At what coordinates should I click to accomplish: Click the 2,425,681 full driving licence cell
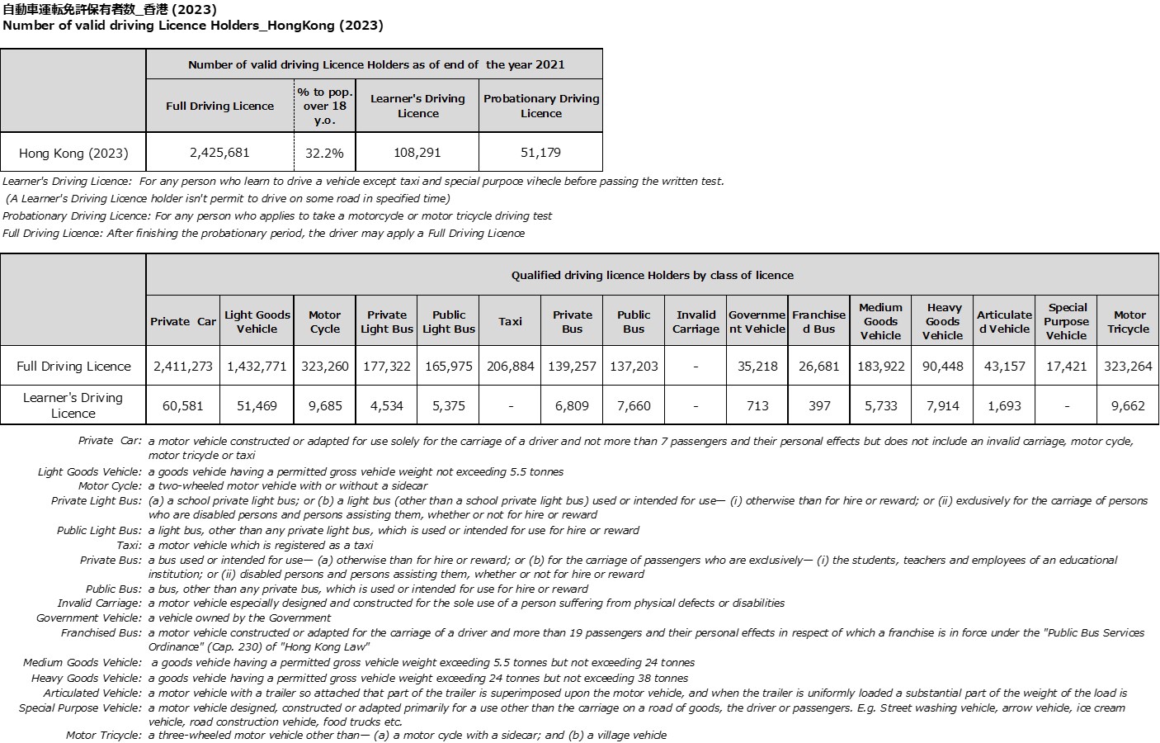pyautogui.click(x=219, y=153)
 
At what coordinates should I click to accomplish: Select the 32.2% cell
pyautogui.click(x=325, y=153)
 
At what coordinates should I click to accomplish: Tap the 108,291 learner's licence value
pyautogui.click(x=417, y=153)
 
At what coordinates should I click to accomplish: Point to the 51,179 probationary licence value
pyautogui.click(x=541, y=153)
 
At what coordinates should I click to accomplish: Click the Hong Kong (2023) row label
pyautogui.click(x=73, y=153)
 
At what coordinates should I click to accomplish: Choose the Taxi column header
pyautogui.click(x=510, y=321)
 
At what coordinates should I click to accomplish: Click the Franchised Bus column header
pyautogui.click(x=818, y=321)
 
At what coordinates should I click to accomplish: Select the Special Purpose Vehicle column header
pyautogui.click(x=1066, y=321)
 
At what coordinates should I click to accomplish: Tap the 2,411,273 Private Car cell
pyautogui.click(x=183, y=366)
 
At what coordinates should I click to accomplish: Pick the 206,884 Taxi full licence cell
pyautogui.click(x=510, y=366)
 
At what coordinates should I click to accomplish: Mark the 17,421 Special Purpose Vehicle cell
pyautogui.click(x=1066, y=366)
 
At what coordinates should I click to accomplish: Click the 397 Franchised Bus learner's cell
pyautogui.click(x=818, y=405)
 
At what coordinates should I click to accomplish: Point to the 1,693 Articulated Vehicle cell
pyautogui.click(x=1004, y=405)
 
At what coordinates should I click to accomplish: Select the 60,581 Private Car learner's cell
pyautogui.click(x=183, y=405)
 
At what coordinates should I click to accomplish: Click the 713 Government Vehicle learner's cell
pyautogui.click(x=757, y=405)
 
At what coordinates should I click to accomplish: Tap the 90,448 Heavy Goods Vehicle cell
pyautogui.click(x=942, y=366)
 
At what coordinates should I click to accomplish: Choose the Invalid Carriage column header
pyautogui.click(x=696, y=321)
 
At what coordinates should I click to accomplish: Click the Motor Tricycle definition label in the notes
pyautogui.click(x=104, y=735)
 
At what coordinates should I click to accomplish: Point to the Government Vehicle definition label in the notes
pyautogui.click(x=89, y=618)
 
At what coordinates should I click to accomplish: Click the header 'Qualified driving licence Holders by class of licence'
pyautogui.click(x=652, y=275)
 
